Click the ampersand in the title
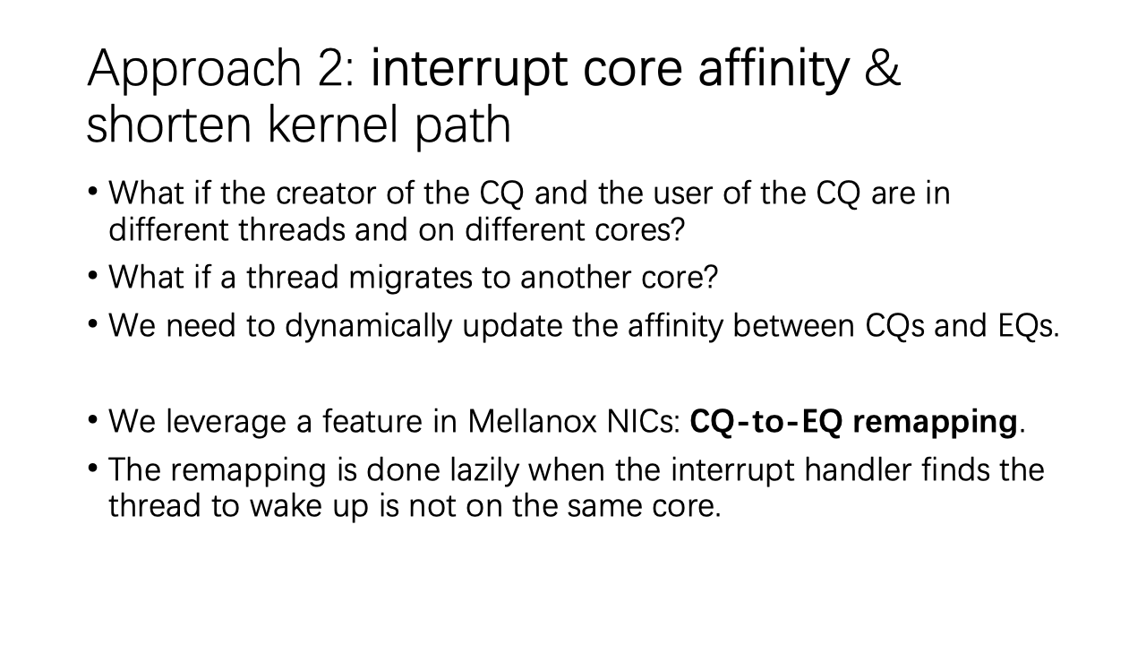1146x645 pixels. click(x=882, y=68)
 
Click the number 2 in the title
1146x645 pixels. click(x=331, y=68)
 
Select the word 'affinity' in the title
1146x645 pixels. click(x=774, y=73)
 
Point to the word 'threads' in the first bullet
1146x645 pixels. click(x=291, y=229)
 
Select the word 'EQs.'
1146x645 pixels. click(x=1029, y=325)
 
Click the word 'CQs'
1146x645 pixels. click(x=894, y=326)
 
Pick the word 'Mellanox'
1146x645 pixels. click(x=532, y=422)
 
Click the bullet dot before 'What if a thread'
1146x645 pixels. click(x=92, y=276)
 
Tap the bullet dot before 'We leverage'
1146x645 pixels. click(x=92, y=420)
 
